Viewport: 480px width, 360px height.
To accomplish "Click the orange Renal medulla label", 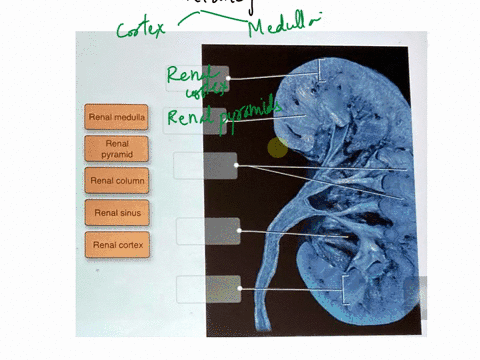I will pos(117,118).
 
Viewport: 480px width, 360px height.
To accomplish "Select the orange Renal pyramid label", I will pos(117,150).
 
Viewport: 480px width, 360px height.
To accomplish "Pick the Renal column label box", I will pos(117,181).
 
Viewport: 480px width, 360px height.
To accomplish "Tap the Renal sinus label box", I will pos(117,213).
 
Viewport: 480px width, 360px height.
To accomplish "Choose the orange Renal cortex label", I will pos(117,244).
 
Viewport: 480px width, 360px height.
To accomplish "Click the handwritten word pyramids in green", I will pos(244,109).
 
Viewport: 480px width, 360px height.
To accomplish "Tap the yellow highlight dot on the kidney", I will pos(276,148).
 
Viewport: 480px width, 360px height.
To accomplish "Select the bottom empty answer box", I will pos(208,289).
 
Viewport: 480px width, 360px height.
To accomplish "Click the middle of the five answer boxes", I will pos(205,165).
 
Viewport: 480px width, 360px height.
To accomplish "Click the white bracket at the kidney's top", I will pos(319,70).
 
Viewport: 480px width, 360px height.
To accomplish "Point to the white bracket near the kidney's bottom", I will pos(344,289).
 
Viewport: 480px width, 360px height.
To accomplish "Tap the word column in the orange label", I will pos(130,181).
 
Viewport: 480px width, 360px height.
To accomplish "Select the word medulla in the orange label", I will pos(130,118).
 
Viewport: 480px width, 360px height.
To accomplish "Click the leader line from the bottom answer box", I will pos(290,289).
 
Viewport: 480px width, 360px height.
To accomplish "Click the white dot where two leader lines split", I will pos(236,165).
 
